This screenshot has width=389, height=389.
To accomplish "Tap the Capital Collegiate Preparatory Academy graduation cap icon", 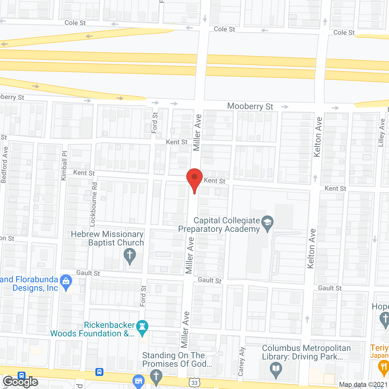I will point(267,223).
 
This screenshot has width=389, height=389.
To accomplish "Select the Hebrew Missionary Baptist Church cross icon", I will point(130,256).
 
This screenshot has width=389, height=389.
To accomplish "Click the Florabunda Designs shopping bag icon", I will point(66,282).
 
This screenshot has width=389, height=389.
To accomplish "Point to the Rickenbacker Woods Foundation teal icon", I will point(142,328).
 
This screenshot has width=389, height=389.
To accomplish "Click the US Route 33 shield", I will point(194,382).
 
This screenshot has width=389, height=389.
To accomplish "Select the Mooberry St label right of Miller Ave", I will point(250,106).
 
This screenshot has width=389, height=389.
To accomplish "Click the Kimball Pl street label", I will point(64,166).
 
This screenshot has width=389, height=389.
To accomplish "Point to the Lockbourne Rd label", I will point(94,204).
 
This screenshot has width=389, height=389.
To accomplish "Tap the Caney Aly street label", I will point(242,361).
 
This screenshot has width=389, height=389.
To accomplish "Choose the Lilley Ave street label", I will point(382,133).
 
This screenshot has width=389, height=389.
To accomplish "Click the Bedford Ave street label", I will point(4,165).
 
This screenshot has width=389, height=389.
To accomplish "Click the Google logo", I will point(21,382).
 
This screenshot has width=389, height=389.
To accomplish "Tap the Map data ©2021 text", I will point(363,384).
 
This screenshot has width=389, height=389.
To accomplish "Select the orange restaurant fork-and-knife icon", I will point(384,367).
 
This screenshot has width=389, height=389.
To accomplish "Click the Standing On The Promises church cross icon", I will point(156,376).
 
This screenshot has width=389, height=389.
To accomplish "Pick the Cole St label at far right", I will point(344,33).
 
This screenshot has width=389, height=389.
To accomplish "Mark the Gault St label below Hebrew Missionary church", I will point(88,273).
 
